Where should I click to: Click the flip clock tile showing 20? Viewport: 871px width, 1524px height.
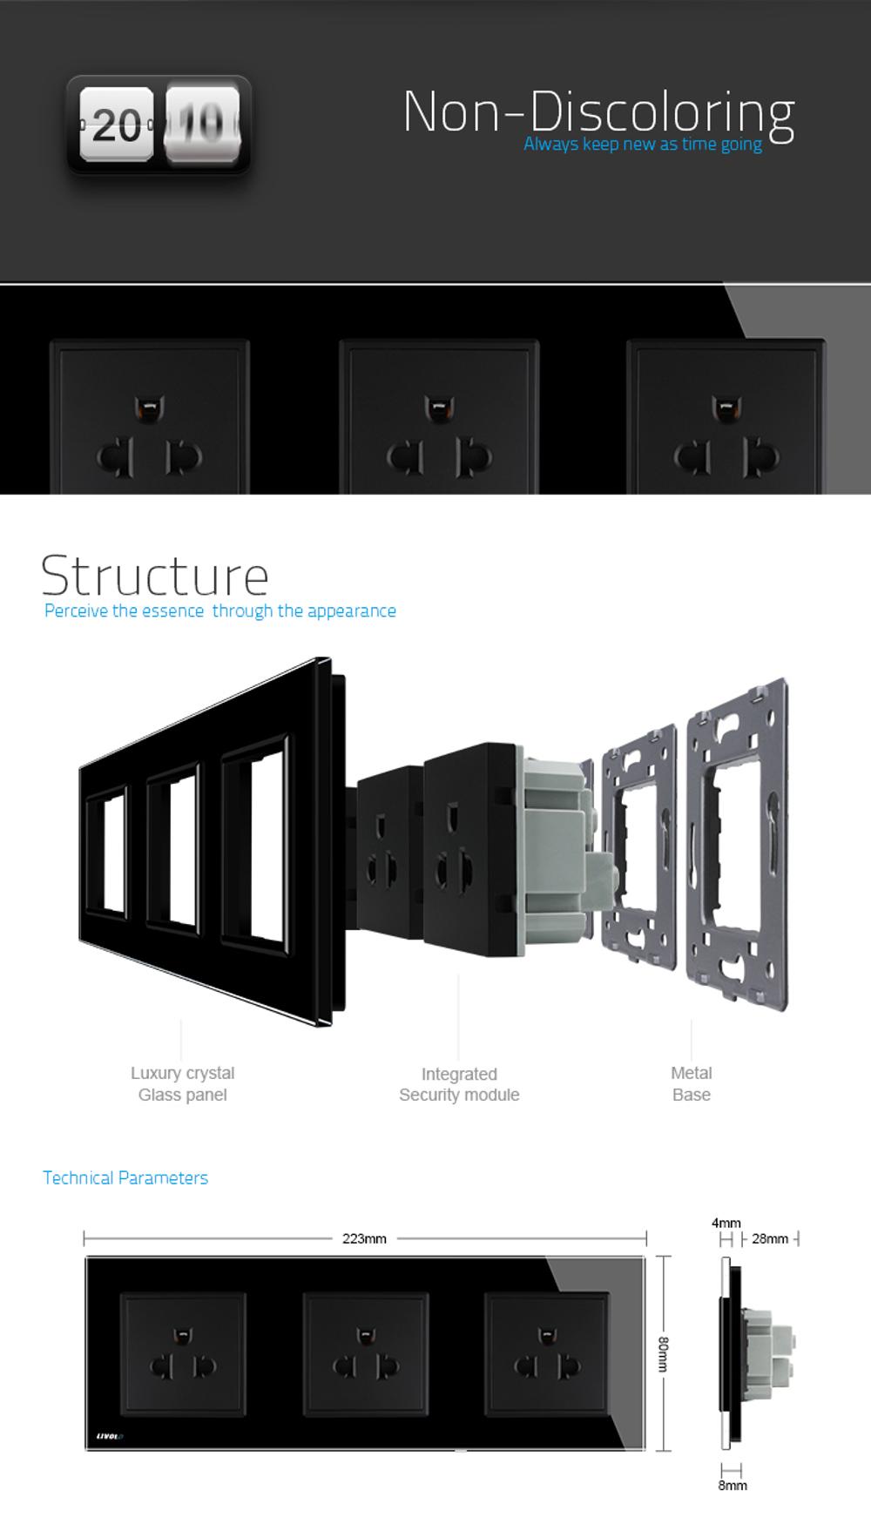click(117, 125)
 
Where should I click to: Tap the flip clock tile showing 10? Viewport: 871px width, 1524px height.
click(202, 125)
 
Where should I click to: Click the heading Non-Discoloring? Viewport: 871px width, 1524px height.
click(599, 112)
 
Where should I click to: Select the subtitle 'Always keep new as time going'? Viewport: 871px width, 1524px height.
click(643, 144)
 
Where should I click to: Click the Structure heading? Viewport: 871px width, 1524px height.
click(155, 575)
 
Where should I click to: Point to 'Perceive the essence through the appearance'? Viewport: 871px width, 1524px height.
click(220, 610)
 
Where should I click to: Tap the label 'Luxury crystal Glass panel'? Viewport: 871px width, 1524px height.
click(183, 1084)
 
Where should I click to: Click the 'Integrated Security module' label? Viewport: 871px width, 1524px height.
click(459, 1084)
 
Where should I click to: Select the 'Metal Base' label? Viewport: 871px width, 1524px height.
click(692, 1084)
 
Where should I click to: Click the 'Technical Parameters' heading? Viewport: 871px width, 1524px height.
click(125, 1177)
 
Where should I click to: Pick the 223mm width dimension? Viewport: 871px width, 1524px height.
click(364, 1238)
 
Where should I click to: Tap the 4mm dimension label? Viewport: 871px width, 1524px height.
click(726, 1224)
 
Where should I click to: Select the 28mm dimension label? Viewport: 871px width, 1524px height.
click(770, 1238)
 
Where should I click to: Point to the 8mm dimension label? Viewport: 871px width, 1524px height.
click(733, 1486)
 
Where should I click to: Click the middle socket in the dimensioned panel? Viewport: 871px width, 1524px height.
click(366, 1353)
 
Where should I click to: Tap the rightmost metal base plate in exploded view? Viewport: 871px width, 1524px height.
click(738, 844)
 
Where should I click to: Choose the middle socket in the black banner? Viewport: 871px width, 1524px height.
click(439, 416)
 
